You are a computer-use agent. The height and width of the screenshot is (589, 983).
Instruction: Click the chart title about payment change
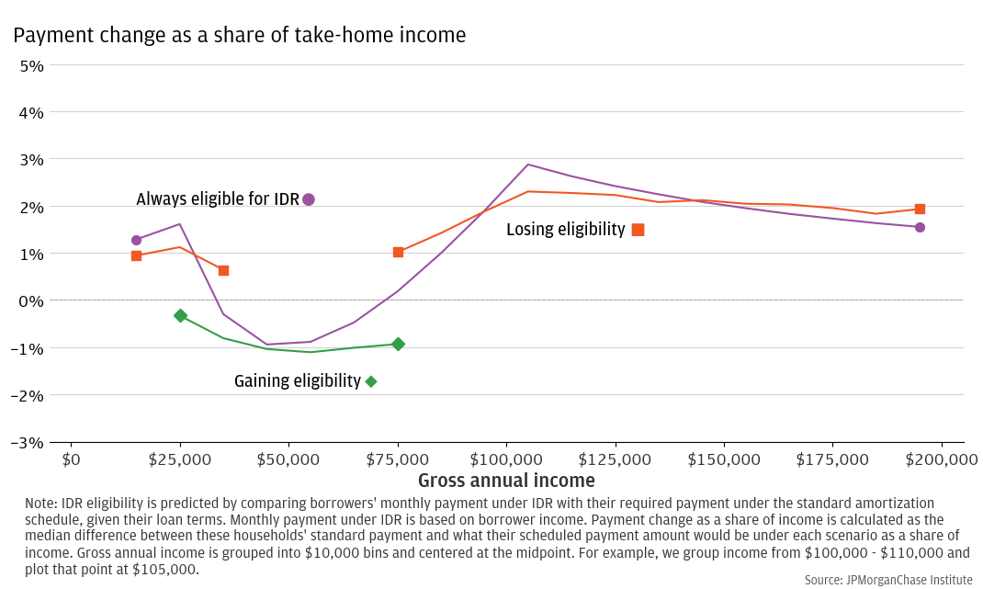pyautogui.click(x=240, y=36)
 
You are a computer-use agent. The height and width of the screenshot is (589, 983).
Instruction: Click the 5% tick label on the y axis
pyautogui.click(x=32, y=66)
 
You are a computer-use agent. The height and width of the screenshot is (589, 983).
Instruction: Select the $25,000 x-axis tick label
pyautogui.click(x=179, y=459)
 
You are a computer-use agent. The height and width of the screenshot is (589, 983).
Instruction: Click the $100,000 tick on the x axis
pyautogui.click(x=505, y=459)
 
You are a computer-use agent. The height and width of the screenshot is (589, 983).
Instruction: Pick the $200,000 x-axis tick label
pyautogui.click(x=941, y=459)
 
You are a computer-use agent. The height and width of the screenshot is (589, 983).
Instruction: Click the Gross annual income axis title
pyautogui.click(x=506, y=481)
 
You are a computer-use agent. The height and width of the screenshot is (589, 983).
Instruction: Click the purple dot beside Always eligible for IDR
pyautogui.click(x=309, y=199)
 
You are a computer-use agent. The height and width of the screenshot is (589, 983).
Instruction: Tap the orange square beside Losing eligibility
pyautogui.click(x=638, y=230)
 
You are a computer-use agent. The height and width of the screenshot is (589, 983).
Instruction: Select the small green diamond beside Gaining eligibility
pyautogui.click(x=371, y=381)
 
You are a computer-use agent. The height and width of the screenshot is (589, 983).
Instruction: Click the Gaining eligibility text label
pyautogui.click(x=298, y=381)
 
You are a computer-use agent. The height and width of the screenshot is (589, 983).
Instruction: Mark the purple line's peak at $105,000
pyautogui.click(x=528, y=164)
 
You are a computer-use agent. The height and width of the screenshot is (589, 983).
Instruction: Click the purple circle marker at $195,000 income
pyautogui.click(x=920, y=227)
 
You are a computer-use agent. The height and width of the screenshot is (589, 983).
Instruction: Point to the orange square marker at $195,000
pyautogui.click(x=920, y=210)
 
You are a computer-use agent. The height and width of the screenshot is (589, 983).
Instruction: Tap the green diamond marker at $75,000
pyautogui.click(x=398, y=344)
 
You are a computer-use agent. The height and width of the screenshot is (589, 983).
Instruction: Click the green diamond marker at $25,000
pyautogui.click(x=180, y=315)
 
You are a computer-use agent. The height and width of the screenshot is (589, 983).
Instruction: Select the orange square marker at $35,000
pyautogui.click(x=223, y=270)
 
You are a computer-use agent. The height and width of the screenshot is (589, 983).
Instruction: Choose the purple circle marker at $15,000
pyautogui.click(x=136, y=240)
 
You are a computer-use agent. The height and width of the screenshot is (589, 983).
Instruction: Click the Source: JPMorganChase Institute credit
pyautogui.click(x=887, y=580)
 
